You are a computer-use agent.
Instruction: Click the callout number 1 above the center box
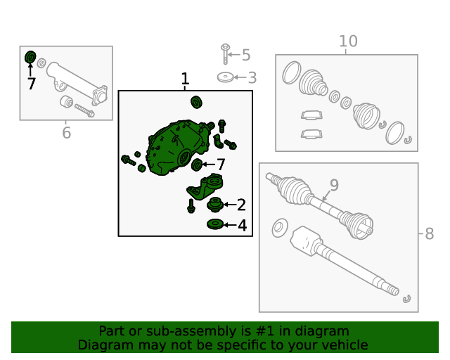(185, 79)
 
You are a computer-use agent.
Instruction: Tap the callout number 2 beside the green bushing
(241, 205)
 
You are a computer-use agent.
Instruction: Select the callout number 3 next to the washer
(252, 78)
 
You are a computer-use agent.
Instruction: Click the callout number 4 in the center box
(242, 226)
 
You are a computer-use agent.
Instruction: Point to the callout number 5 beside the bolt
(245, 55)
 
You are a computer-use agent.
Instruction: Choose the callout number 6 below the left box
(66, 132)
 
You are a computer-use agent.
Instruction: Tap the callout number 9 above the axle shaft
(334, 185)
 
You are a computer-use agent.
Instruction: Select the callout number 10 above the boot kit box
(348, 41)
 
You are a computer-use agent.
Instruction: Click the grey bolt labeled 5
(225, 54)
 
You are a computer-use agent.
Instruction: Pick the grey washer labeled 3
(226, 77)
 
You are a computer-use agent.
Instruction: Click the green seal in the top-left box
(30, 56)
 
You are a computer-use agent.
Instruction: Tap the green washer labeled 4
(214, 224)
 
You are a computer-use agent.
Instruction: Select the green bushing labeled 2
(215, 205)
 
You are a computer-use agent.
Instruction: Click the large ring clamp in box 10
(395, 131)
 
